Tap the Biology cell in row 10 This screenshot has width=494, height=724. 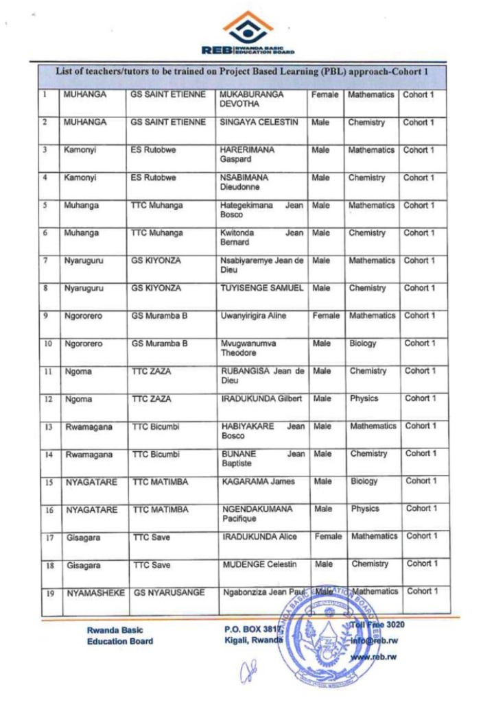364,343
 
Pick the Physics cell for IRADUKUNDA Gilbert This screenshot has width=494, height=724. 364,398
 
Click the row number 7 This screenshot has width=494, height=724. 44,261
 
